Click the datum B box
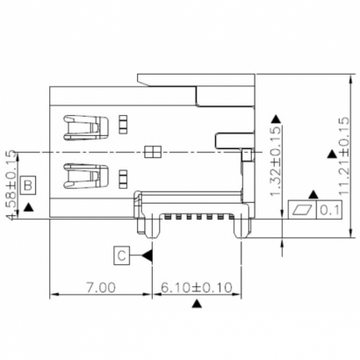(x=29, y=185)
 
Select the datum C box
(x=124, y=256)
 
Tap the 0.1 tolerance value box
(x=329, y=210)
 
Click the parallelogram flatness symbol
(x=304, y=210)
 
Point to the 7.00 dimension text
(x=100, y=287)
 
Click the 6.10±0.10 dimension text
(x=197, y=287)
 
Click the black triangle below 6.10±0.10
(x=197, y=304)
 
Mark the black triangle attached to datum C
(x=147, y=256)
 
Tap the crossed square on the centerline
(x=153, y=152)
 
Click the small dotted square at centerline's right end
(x=247, y=155)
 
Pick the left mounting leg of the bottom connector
(x=152, y=228)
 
